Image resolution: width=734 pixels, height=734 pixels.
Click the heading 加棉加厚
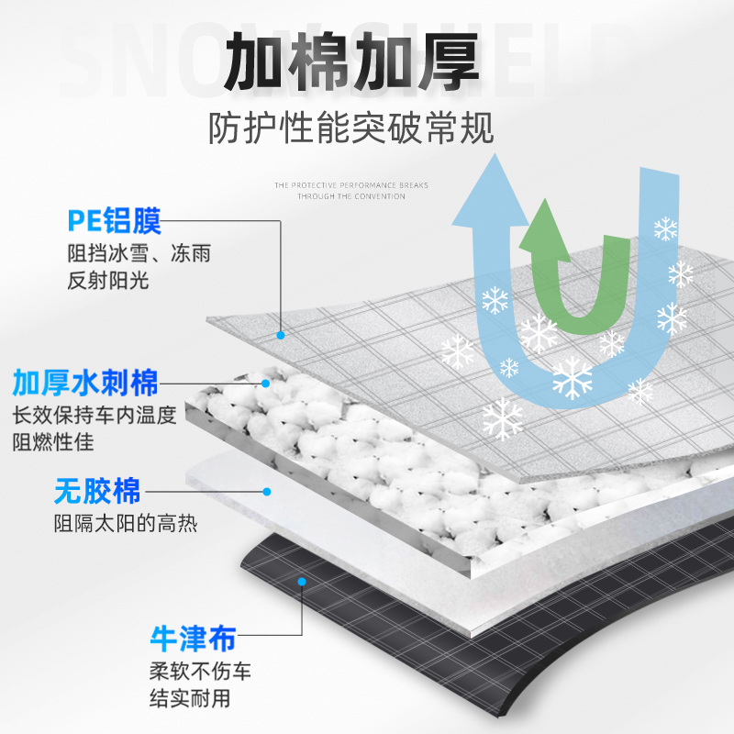point(353,62)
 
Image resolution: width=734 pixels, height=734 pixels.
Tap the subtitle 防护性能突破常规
point(351,128)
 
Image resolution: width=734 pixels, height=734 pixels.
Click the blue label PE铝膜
point(114,221)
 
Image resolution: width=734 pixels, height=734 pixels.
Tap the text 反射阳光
point(107,281)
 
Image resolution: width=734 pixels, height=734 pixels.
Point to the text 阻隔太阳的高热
point(125,525)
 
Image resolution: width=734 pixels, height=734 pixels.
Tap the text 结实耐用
point(190,698)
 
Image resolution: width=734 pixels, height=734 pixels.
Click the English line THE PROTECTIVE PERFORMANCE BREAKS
point(351,185)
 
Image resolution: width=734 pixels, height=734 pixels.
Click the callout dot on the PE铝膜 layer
point(283,335)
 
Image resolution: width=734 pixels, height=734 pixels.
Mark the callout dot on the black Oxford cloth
point(302,580)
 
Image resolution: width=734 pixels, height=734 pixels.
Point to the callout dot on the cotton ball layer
point(267,383)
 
